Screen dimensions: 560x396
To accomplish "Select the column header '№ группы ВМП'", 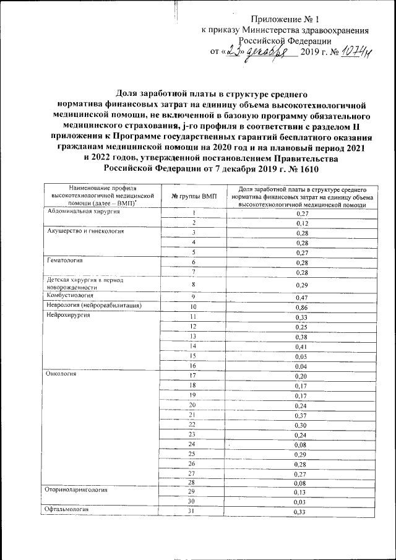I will [x=193, y=196].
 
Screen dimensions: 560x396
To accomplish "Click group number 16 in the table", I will [x=193, y=367].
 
